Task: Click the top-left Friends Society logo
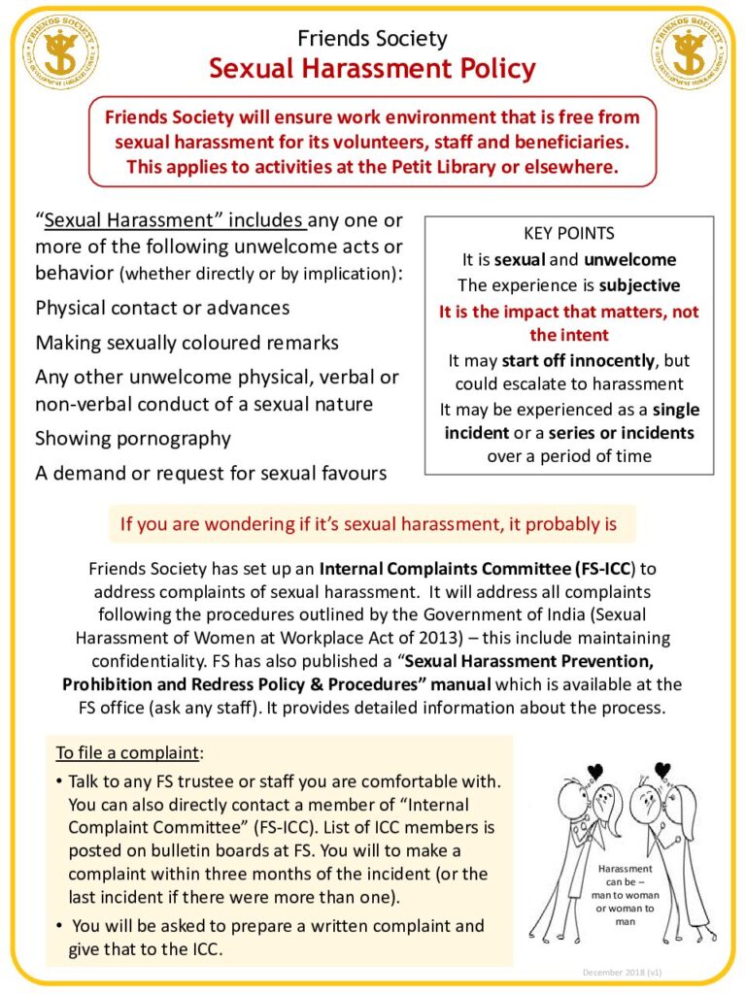pos(59,51)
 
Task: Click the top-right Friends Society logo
pos(688,51)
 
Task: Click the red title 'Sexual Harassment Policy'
pos(373,69)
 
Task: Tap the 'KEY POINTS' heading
pos(568,234)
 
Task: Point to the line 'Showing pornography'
pos(133,438)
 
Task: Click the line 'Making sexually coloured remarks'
pos(186,343)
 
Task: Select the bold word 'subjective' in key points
pos(639,285)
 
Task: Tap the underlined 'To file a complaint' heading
pos(128,753)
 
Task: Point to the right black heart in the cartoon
pos(662,771)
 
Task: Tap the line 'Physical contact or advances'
pos(162,308)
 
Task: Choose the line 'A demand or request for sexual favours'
pos(211,474)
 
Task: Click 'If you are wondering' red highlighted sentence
pos(368,525)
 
